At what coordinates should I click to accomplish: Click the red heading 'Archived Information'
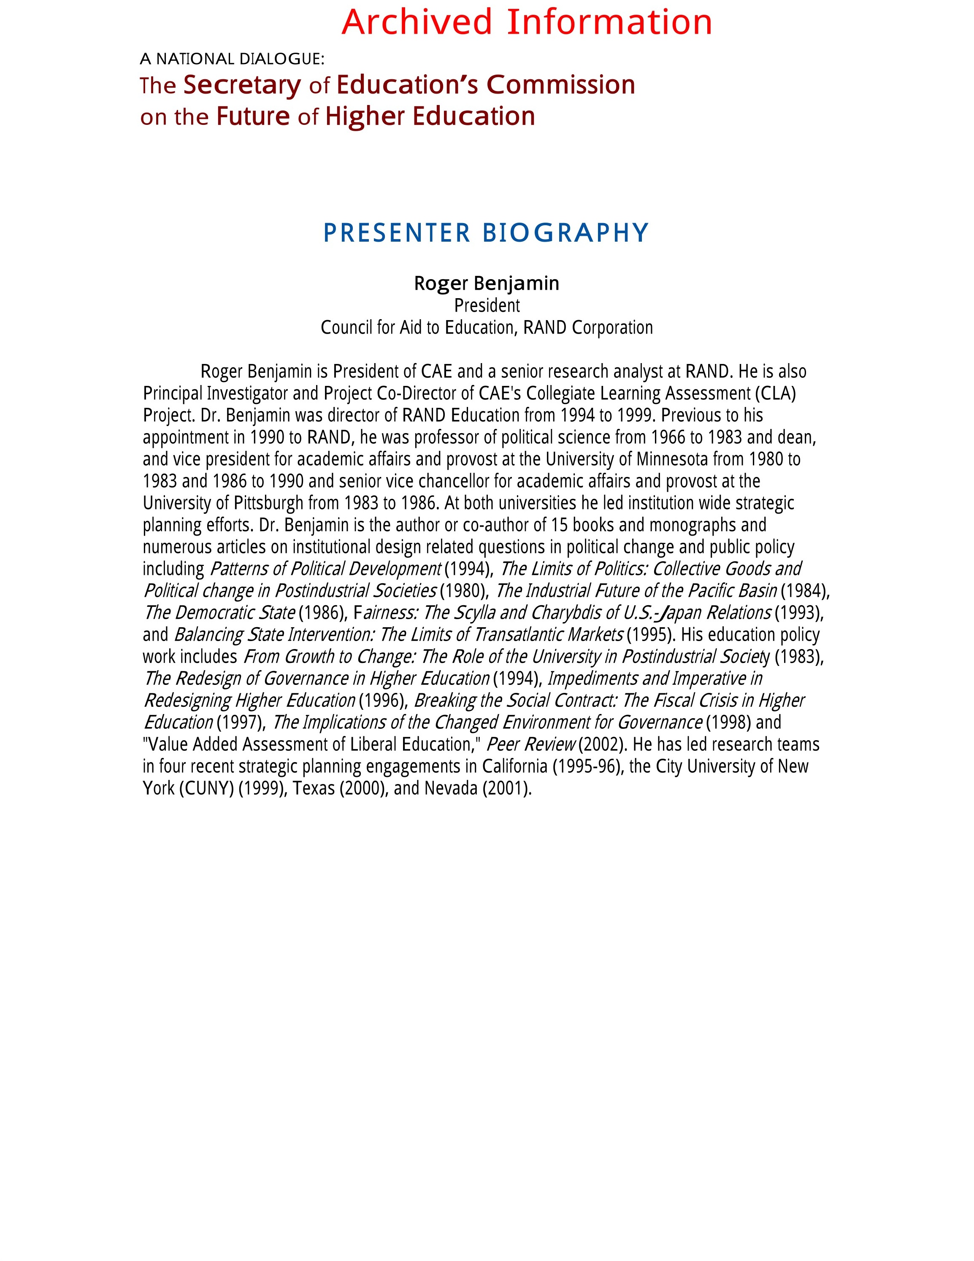[x=526, y=23]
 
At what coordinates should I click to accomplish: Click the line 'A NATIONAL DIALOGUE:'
[x=232, y=59]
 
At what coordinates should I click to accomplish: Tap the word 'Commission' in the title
[x=560, y=85]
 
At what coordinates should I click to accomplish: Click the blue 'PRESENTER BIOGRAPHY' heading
[x=487, y=233]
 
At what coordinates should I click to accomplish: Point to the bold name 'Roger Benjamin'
[x=487, y=283]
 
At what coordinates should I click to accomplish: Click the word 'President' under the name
[x=487, y=305]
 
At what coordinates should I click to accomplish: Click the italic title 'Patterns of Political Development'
[x=325, y=569]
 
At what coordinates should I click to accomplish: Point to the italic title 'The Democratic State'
[x=219, y=613]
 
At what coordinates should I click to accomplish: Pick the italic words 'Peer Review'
[x=531, y=744]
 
